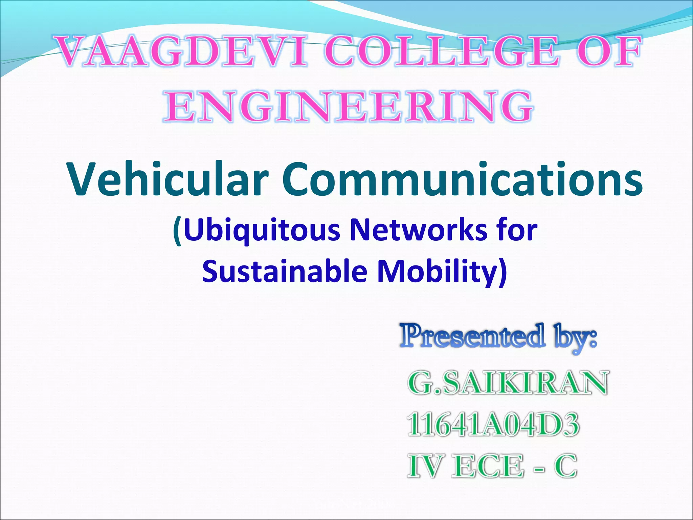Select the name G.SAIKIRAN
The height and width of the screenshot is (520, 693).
click(508, 383)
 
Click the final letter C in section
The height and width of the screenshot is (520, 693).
click(565, 466)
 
